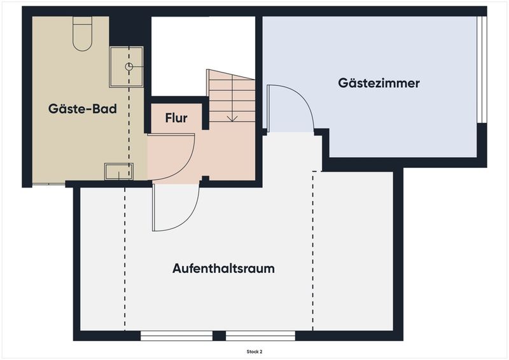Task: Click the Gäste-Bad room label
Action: pyautogui.click(x=83, y=109)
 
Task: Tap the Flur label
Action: pyautogui.click(x=176, y=118)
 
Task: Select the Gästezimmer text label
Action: pyautogui.click(x=379, y=83)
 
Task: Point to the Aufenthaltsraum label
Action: pyautogui.click(x=223, y=268)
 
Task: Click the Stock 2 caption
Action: pyautogui.click(x=254, y=352)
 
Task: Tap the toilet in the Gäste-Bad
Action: pyautogui.click(x=83, y=34)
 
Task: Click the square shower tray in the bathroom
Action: pyautogui.click(x=126, y=67)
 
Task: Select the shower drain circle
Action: pyautogui.click(x=129, y=67)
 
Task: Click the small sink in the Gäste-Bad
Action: pyautogui.click(x=119, y=171)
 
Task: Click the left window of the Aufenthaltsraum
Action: pyautogui.click(x=176, y=336)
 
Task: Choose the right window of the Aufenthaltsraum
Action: pyautogui.click(x=260, y=336)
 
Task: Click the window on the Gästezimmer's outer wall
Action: pyautogui.click(x=482, y=69)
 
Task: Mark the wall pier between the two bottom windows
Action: pyautogui.click(x=219, y=336)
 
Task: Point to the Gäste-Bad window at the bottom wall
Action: pyautogui.click(x=49, y=184)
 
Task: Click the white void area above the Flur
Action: pyautogui.click(x=203, y=56)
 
